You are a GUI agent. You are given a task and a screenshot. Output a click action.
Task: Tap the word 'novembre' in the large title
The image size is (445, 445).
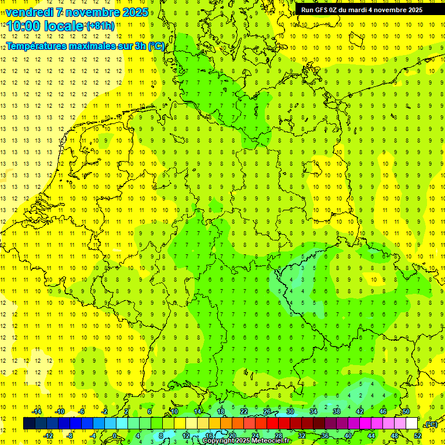coord(90,12)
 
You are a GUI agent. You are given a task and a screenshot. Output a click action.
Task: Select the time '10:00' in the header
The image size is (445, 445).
coord(25,25)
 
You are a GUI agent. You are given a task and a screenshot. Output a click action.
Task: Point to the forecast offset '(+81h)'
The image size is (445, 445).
coord(100,26)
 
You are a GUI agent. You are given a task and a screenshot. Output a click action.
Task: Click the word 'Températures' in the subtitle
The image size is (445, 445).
coord(37,46)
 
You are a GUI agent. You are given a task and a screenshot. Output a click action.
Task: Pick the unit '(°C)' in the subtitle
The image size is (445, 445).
coord(156,46)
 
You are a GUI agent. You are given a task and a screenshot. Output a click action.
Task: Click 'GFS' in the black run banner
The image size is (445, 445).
coord(321,10)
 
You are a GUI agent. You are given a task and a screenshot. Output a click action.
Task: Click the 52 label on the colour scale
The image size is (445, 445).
coord(417,436)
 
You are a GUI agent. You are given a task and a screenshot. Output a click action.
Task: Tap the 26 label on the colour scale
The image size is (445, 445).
coord(267,411)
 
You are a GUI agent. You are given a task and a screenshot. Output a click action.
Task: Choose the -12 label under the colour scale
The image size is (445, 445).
coord(48,436)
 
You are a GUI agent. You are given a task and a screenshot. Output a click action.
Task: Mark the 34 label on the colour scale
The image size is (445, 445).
coord(313,411)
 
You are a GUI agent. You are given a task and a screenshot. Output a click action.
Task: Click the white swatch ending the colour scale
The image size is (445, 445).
coord(411,424)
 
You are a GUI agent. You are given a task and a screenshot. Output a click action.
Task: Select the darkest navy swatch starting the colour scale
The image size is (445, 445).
coord(29,424)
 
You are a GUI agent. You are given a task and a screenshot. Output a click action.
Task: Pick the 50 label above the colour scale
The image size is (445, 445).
coord(406,411)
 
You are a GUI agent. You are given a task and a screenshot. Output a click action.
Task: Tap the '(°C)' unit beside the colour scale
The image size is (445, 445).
coord(431,424)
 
